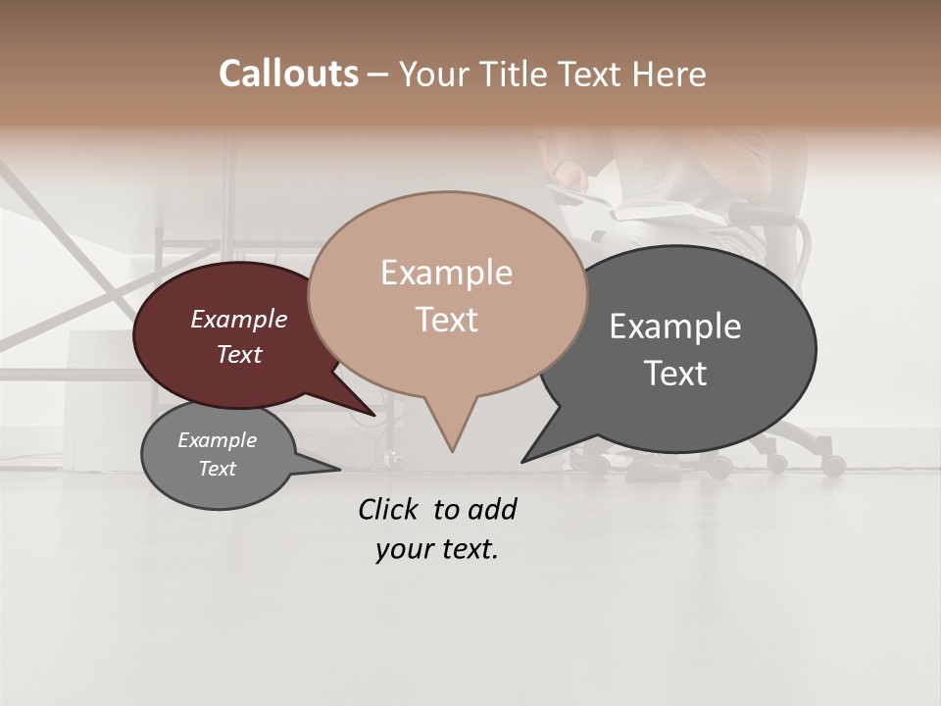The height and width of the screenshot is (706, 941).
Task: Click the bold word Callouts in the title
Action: [x=288, y=74]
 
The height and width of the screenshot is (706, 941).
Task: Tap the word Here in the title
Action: [x=670, y=74]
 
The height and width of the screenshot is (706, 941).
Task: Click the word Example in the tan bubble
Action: [x=446, y=273]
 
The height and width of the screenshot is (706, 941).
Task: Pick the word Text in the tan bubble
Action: [x=446, y=320]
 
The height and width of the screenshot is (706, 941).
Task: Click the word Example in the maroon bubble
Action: [x=238, y=320]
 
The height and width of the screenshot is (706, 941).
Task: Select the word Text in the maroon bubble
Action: [x=238, y=354]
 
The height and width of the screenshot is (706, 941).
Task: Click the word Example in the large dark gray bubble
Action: [x=674, y=327]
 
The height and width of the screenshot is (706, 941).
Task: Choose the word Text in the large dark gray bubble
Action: [x=674, y=374]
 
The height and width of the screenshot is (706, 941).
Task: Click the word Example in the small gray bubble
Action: [x=217, y=440]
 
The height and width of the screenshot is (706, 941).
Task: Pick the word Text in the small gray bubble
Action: [x=217, y=469]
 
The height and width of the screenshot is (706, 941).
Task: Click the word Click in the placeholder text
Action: [x=389, y=509]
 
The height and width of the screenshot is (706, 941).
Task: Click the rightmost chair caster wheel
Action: [x=834, y=466]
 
